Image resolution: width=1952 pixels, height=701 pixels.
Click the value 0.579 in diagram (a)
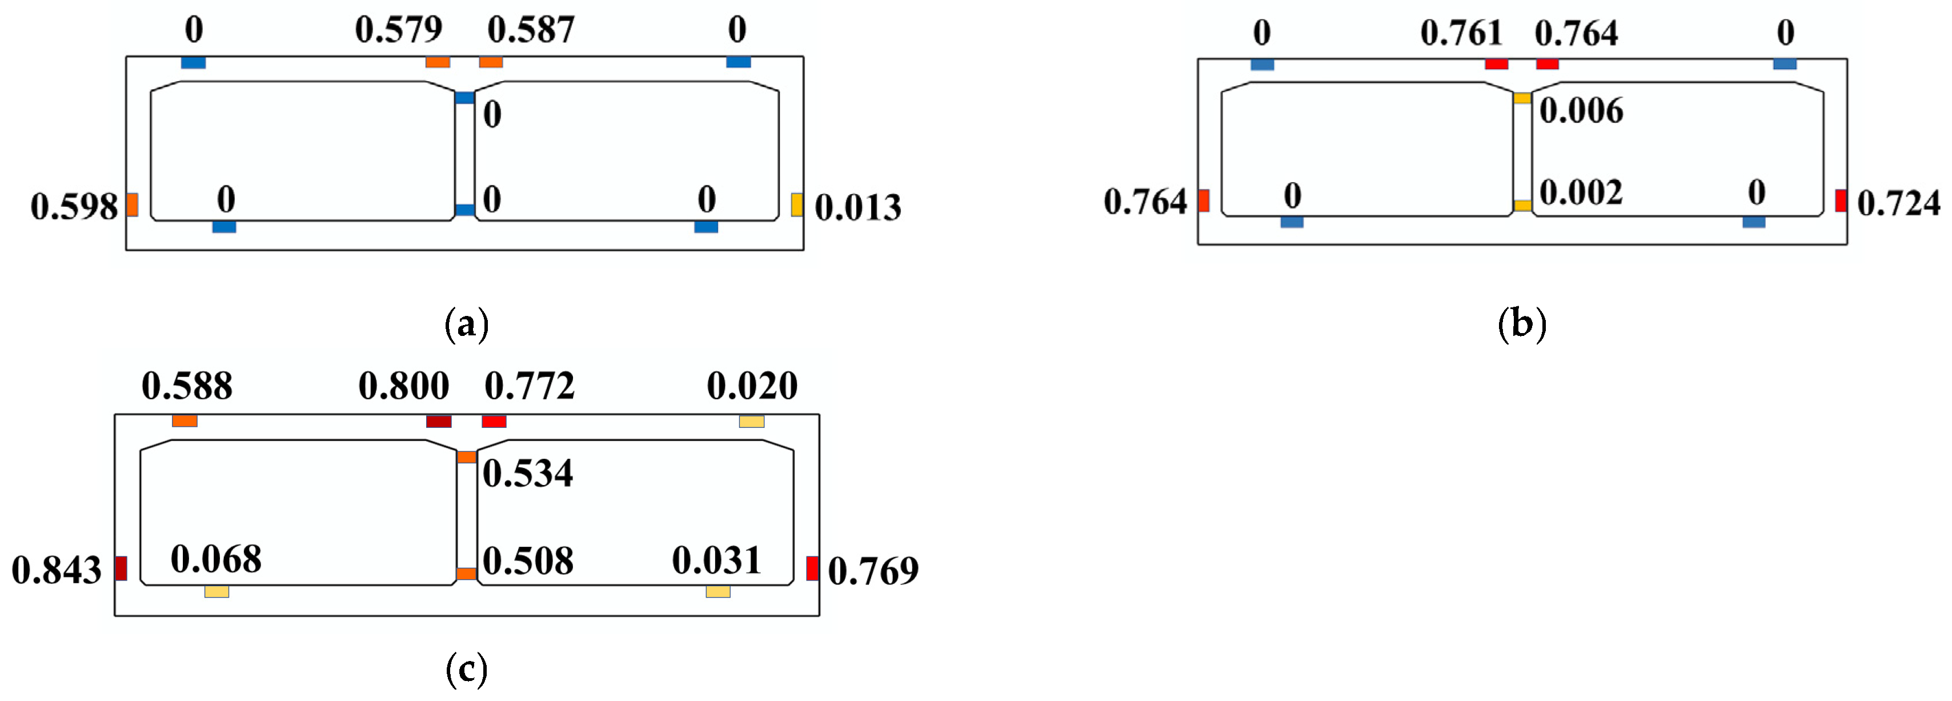[x=399, y=30]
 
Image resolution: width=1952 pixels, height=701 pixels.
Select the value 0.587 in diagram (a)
[x=531, y=30]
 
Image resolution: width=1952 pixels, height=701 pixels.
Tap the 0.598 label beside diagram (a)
[x=74, y=207]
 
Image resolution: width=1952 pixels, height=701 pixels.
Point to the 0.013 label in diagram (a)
[x=858, y=207]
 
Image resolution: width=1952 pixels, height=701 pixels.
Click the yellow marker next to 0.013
[x=796, y=205]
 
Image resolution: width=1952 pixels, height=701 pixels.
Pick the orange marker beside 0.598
[x=133, y=205]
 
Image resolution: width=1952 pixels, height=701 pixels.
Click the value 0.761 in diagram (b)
[x=1461, y=33]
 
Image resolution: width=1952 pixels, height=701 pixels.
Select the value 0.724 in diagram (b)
[x=1898, y=203]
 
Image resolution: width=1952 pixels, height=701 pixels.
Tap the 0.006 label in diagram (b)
[x=1581, y=111]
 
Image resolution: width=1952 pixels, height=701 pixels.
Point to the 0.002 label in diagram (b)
[x=1581, y=193]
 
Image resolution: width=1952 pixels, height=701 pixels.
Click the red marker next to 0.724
[x=1841, y=201]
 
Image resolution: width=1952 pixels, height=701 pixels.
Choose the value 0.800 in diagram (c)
[x=404, y=387]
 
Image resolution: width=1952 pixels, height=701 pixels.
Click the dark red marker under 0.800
[x=439, y=422]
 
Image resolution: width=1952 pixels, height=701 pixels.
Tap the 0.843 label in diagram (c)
[x=57, y=571]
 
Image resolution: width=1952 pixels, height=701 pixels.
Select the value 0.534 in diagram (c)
[x=528, y=474]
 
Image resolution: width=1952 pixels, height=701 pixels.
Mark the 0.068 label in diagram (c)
[x=216, y=560]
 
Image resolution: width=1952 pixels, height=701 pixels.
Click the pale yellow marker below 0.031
[x=718, y=591]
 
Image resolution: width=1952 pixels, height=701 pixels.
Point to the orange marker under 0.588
[x=185, y=420]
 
